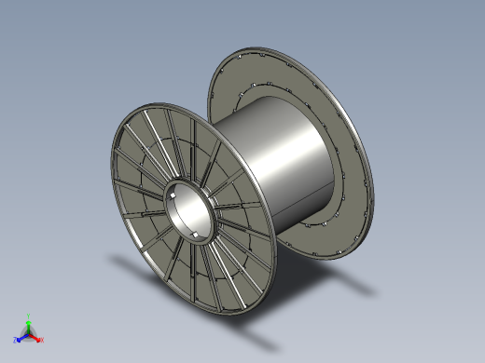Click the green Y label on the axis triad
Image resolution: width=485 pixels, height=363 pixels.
pyautogui.click(x=30, y=316)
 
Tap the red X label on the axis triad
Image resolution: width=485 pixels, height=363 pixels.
pyautogui.click(x=42, y=340)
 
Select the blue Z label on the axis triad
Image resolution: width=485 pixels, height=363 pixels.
pyautogui.click(x=16, y=340)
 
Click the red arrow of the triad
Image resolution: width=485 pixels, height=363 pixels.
pyautogui.click(x=36, y=337)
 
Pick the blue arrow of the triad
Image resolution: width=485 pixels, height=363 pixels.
pyautogui.click(x=21, y=337)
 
